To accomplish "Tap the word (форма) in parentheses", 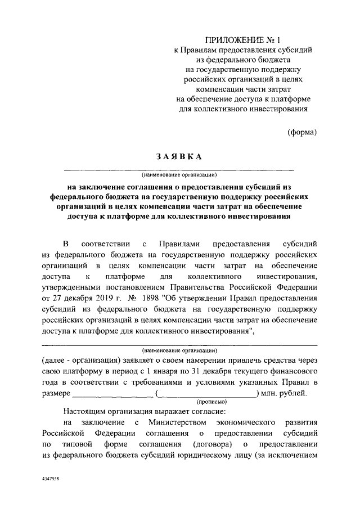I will [x=303, y=132].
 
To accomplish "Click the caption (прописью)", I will [x=211, y=402].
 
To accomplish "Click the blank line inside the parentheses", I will [x=208, y=394].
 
